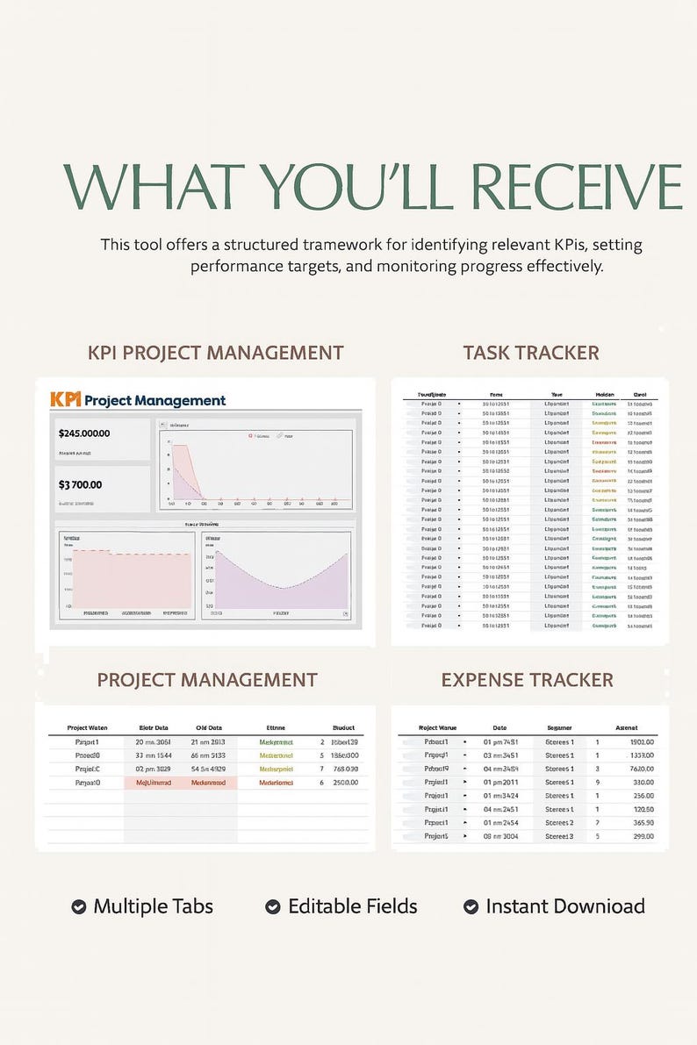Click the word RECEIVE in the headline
(x=577, y=186)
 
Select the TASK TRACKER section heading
(x=531, y=353)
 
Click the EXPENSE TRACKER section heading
(x=527, y=680)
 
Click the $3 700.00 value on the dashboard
(x=80, y=484)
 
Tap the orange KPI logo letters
(x=66, y=400)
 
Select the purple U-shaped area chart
(x=276, y=580)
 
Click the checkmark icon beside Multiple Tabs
(x=79, y=906)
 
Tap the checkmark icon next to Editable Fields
(x=273, y=906)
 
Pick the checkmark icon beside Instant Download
(x=471, y=906)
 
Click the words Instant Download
(x=565, y=906)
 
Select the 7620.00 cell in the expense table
(x=642, y=769)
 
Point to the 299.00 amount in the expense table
(x=643, y=836)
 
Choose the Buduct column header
(x=344, y=727)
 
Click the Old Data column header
(x=209, y=727)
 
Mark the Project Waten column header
(x=88, y=727)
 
